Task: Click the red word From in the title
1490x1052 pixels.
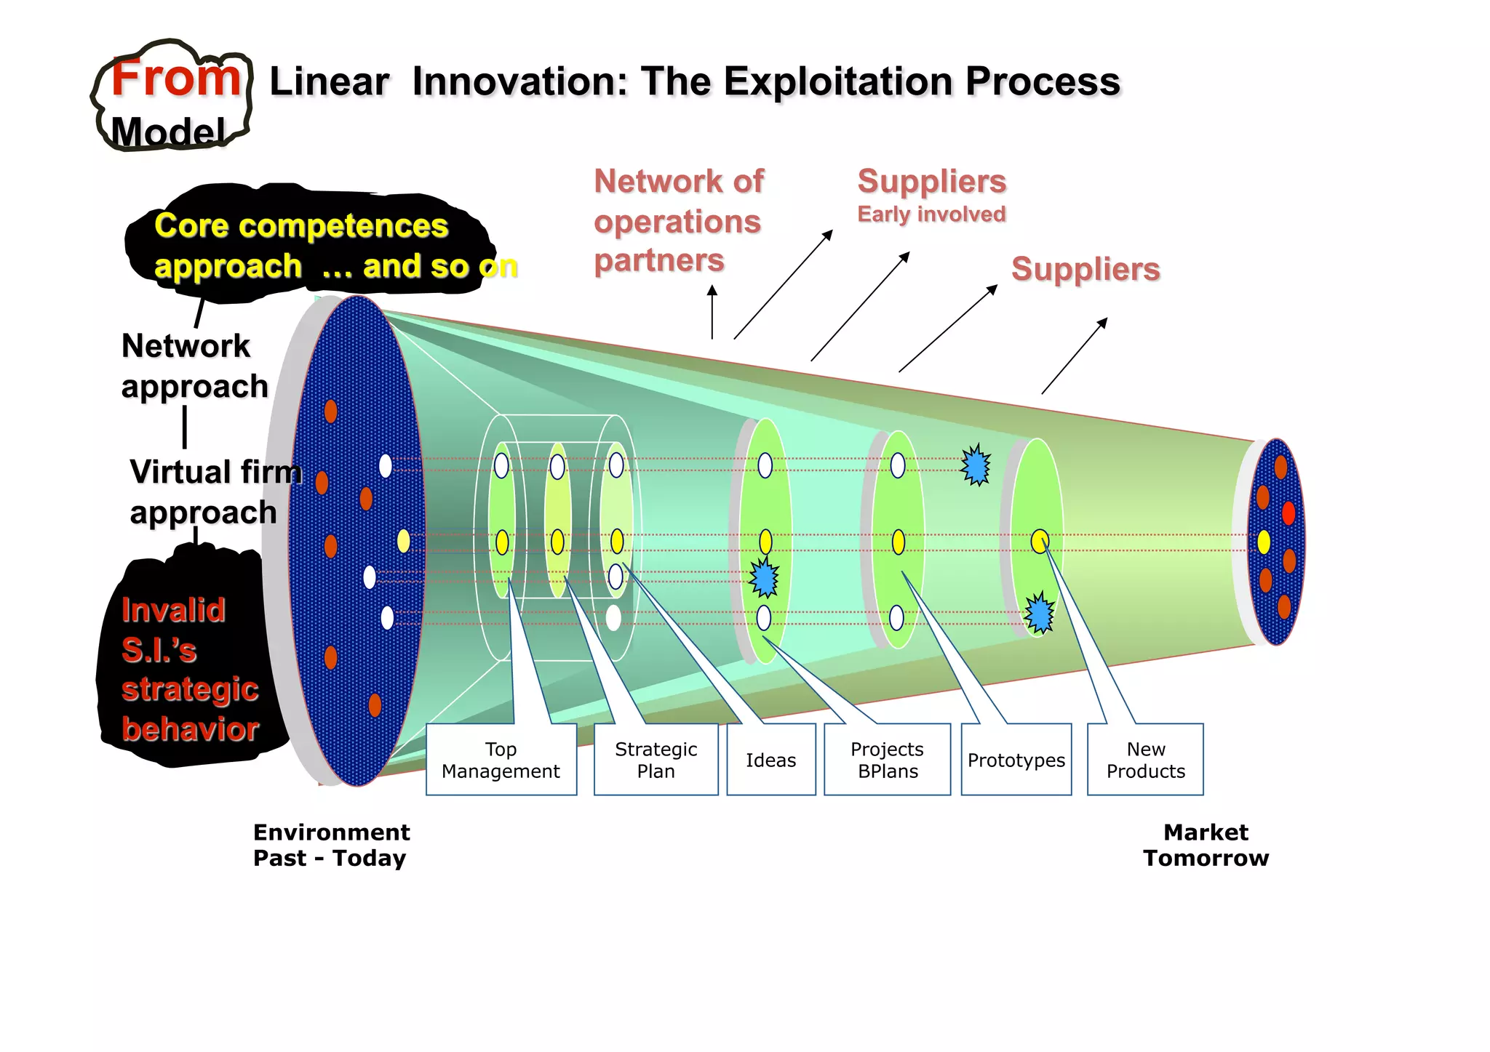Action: [x=175, y=78]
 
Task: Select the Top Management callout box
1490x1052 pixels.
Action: [x=501, y=760]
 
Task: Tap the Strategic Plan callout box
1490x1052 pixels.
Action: [x=656, y=760]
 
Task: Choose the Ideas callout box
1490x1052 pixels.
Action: [x=770, y=760]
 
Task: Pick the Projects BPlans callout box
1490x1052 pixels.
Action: [x=887, y=760]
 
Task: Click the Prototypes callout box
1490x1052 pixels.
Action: [x=1016, y=760]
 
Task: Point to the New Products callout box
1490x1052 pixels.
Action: [x=1145, y=760]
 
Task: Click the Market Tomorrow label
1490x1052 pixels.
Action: [x=1206, y=845]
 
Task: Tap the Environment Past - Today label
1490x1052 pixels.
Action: [x=331, y=845]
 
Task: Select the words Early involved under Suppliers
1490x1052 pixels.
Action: [x=931, y=214]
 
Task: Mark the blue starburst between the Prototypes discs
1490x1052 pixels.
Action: [x=976, y=465]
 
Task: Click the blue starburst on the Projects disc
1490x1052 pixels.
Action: [x=764, y=578]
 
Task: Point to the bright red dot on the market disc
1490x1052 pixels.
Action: [x=1288, y=513]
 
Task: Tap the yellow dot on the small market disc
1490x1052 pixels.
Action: [x=1264, y=542]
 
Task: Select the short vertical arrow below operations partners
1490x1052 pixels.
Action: [x=712, y=313]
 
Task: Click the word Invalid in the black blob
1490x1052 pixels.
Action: [x=173, y=610]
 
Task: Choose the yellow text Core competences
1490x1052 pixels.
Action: [x=301, y=226]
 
